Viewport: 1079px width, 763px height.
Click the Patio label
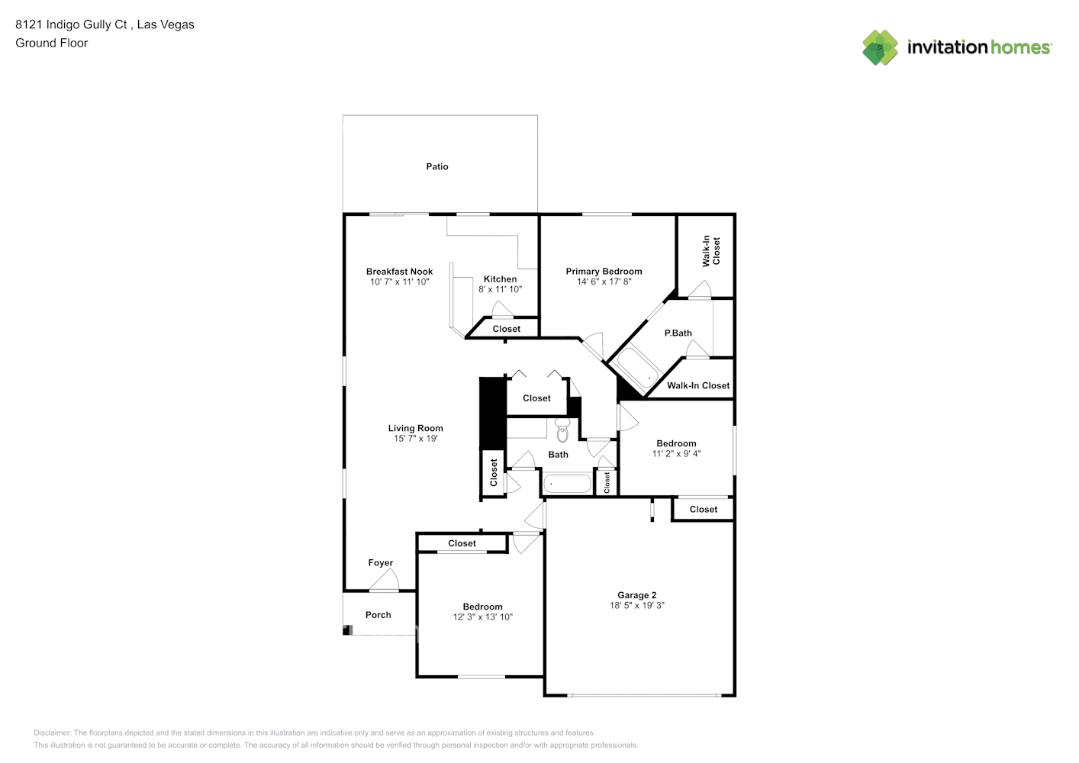coord(437,166)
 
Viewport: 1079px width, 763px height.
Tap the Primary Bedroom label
coord(604,271)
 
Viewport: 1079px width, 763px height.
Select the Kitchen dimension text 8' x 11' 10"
coord(500,289)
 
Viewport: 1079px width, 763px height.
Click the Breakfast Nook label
coord(399,271)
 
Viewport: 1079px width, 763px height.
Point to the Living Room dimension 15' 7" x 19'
coord(415,439)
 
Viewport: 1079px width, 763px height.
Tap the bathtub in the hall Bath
coord(567,484)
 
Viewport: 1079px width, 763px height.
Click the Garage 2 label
coord(637,595)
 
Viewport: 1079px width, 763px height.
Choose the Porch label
coord(378,615)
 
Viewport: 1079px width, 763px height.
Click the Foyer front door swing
coord(385,582)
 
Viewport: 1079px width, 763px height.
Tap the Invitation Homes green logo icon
coord(880,47)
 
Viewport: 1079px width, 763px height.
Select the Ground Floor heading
coord(51,43)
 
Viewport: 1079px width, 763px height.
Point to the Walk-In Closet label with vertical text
coord(710,250)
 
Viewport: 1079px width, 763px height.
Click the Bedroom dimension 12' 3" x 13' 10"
coord(482,617)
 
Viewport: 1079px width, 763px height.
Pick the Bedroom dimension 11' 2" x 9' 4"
coord(676,454)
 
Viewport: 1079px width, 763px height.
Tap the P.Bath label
coord(678,333)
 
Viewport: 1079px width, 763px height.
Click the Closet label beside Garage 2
coord(703,509)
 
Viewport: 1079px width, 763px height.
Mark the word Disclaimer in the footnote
coord(53,732)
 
